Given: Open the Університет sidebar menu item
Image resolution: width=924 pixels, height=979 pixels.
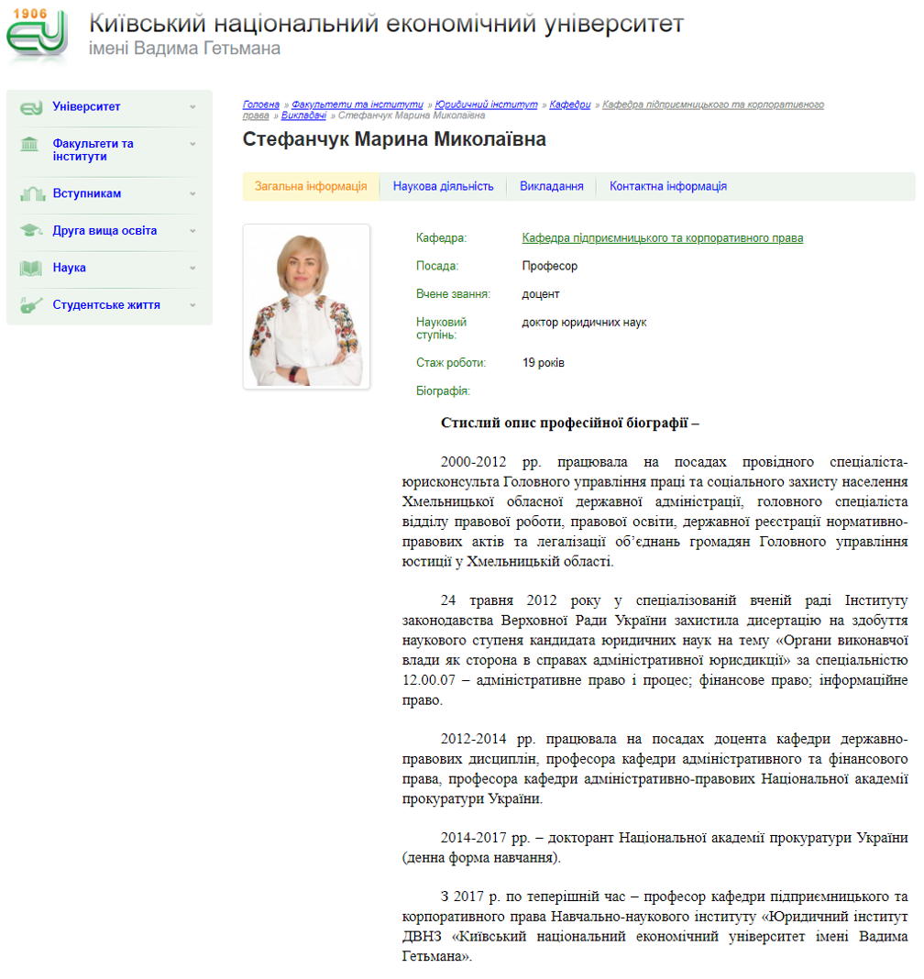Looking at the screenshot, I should click(86, 107).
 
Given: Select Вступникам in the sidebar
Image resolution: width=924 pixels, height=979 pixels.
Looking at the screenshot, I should click(86, 194).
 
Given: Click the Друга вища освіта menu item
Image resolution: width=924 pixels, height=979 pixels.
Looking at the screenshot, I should click(104, 231).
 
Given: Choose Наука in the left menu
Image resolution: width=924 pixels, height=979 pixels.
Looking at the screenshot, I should click(69, 269).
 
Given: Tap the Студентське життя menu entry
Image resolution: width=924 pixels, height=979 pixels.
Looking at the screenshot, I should click(105, 305).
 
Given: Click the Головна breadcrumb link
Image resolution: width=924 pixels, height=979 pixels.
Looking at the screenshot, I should click(261, 105).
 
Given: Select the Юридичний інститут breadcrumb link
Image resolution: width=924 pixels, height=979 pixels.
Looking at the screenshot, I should click(486, 105).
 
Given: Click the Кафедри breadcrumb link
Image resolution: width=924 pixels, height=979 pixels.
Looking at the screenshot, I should click(570, 105).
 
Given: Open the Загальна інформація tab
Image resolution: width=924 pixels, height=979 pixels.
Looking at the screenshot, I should click(311, 186).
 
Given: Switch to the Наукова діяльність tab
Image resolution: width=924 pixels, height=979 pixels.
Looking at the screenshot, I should click(443, 186).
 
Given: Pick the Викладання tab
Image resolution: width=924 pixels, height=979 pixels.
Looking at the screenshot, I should click(551, 186).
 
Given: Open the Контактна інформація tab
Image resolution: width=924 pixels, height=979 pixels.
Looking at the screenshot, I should click(667, 186).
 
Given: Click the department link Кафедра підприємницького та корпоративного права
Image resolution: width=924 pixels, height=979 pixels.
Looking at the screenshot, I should click(662, 238).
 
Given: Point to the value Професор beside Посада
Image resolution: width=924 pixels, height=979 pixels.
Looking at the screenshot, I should click(549, 267).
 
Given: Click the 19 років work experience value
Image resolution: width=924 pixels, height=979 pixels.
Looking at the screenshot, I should click(543, 363).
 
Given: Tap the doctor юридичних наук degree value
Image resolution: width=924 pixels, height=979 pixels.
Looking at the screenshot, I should click(584, 323).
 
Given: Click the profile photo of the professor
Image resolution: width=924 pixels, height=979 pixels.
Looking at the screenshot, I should click(306, 306).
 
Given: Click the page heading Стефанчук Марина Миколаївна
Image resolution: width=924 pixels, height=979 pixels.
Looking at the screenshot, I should click(394, 140).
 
